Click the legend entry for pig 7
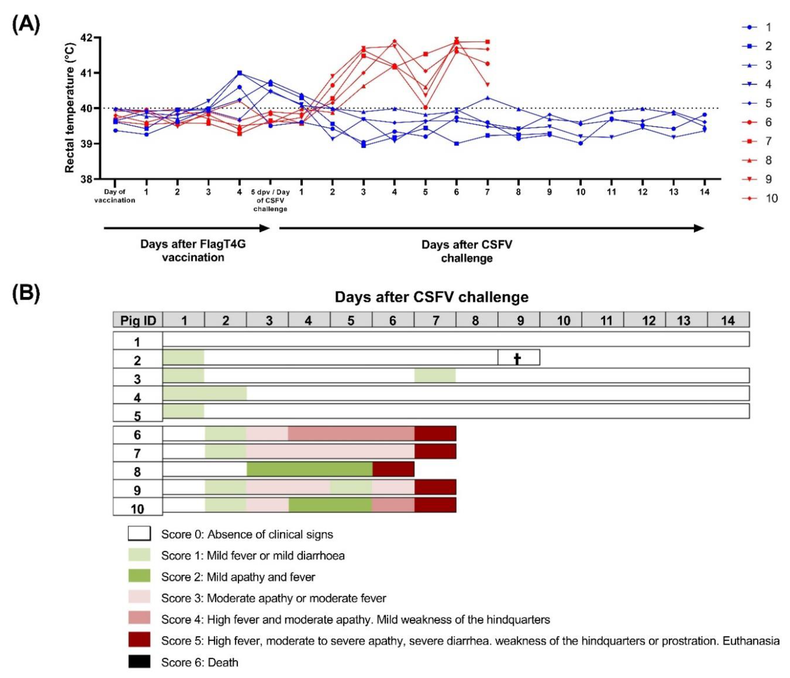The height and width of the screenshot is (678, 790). [x=759, y=141]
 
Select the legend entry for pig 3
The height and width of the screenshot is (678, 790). [x=759, y=65]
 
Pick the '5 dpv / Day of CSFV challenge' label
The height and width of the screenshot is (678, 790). [x=270, y=200]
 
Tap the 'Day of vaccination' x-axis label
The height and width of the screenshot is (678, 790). [x=115, y=196]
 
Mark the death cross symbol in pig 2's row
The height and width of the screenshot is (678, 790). [x=517, y=359]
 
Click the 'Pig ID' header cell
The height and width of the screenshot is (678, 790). [x=138, y=320]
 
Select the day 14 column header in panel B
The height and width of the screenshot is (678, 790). [x=728, y=320]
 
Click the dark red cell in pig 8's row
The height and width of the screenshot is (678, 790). [x=393, y=469]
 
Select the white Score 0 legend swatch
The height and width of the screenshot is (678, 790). [x=139, y=534]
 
